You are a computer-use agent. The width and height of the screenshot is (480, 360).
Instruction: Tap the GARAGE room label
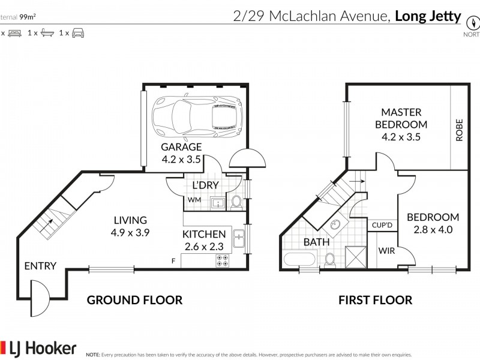pyautogui.click(x=181, y=147)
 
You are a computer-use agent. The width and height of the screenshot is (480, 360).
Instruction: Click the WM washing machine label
pyautogui.click(x=194, y=200)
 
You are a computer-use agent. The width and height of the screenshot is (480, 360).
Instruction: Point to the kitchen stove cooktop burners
pyautogui.click(x=222, y=260)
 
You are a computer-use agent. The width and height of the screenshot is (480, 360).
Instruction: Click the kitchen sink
pyautogui.click(x=239, y=239)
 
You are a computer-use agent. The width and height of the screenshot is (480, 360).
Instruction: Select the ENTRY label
pyautogui.click(x=40, y=266)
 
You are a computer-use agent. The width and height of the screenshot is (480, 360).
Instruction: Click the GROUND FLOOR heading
pyautogui.click(x=134, y=300)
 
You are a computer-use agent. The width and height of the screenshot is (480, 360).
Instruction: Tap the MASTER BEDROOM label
pyautogui.click(x=401, y=118)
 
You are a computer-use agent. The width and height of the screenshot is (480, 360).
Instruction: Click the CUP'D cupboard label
pyautogui.click(x=382, y=226)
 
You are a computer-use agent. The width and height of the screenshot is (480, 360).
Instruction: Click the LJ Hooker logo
pyautogui.click(x=40, y=347)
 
